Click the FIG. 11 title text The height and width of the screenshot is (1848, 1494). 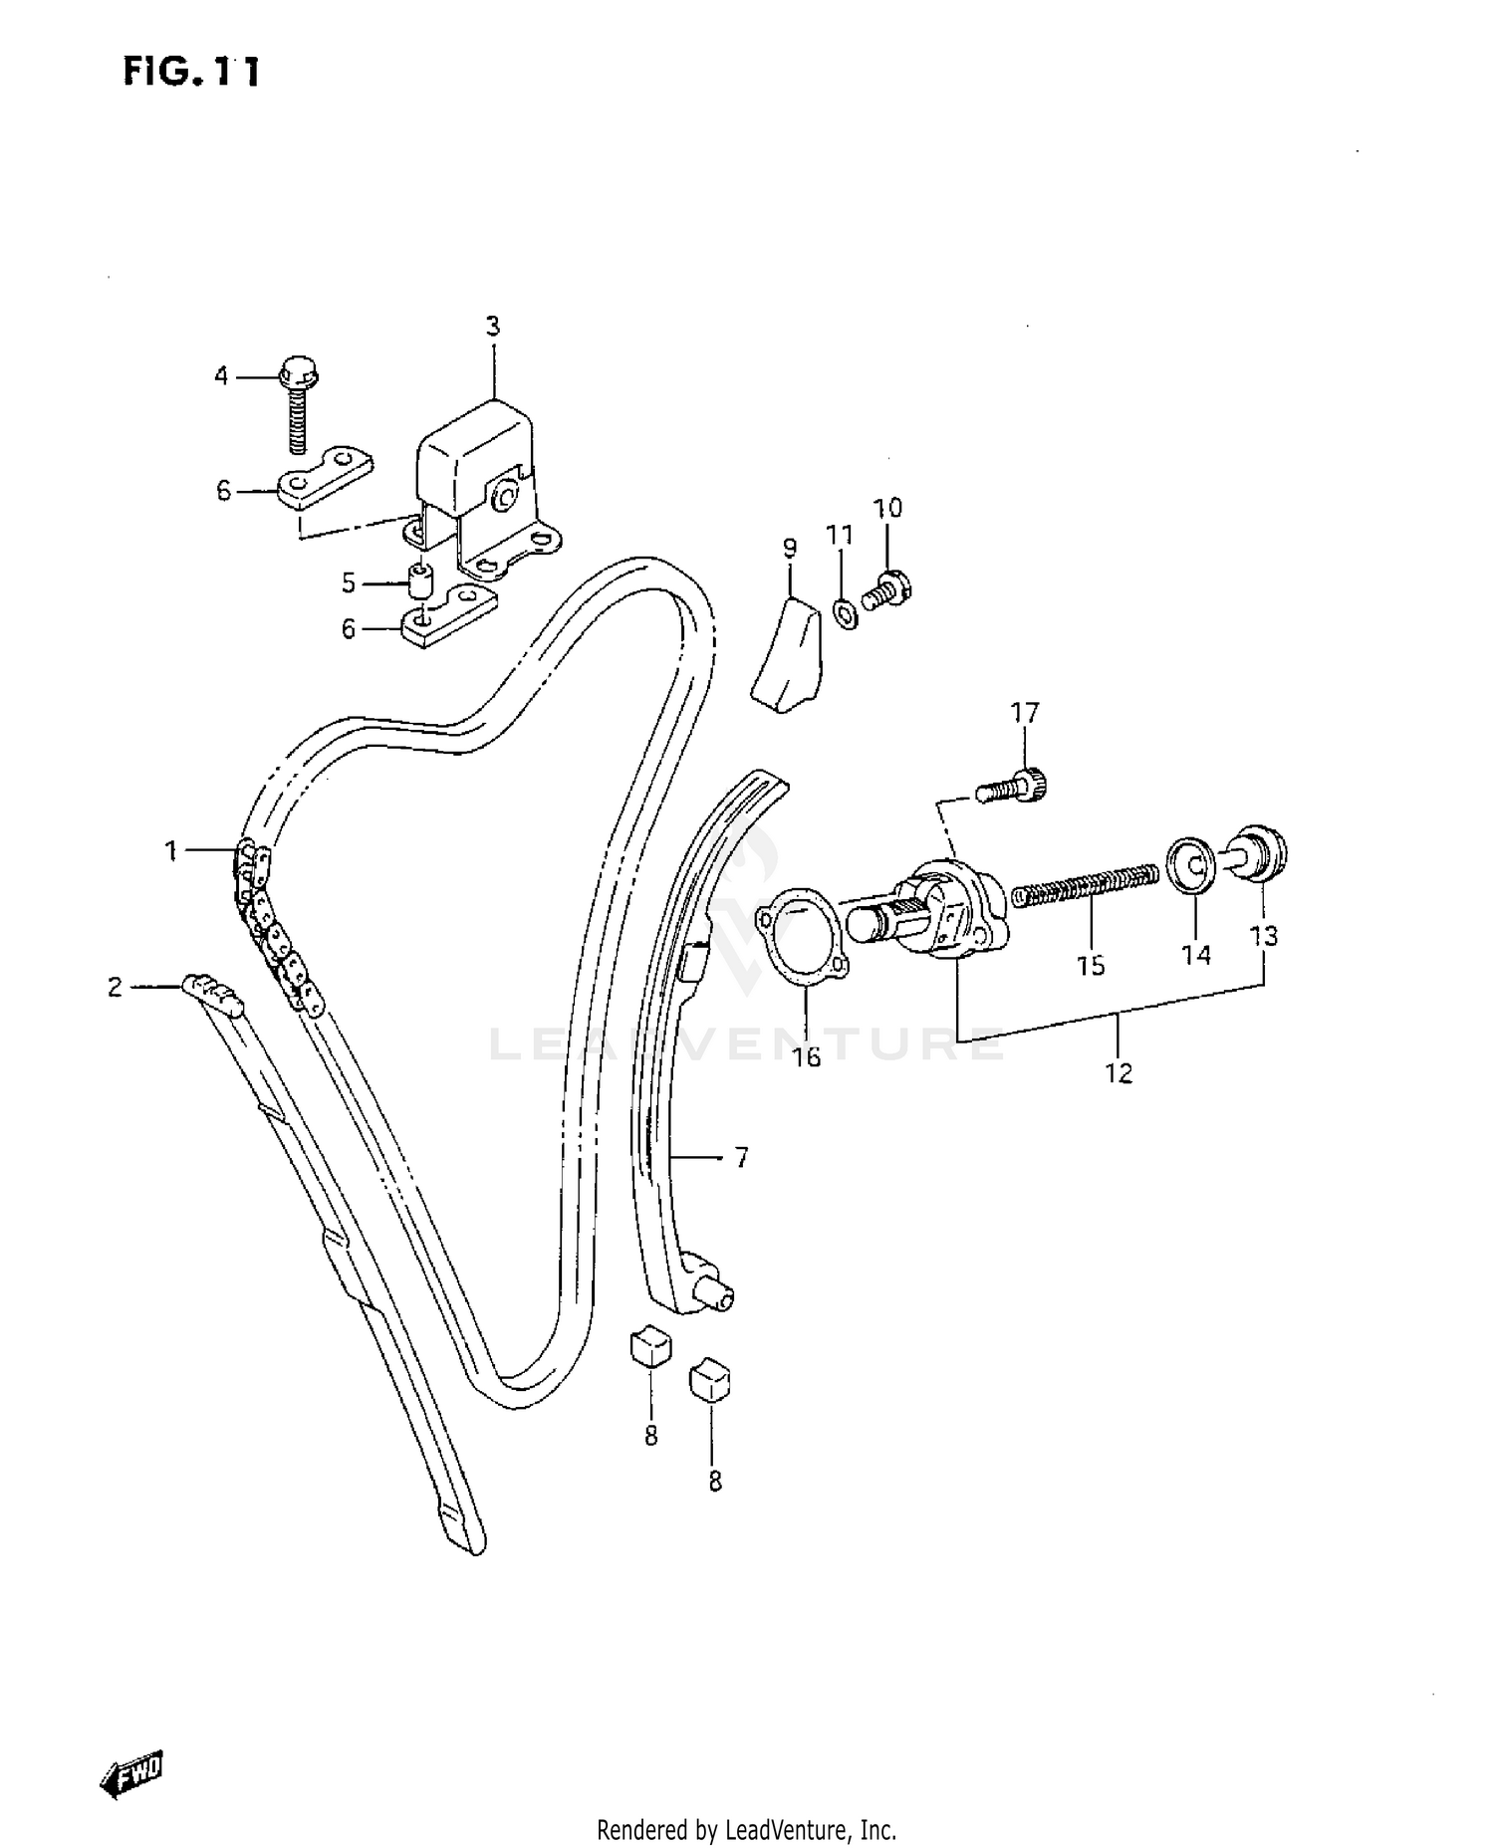(x=191, y=72)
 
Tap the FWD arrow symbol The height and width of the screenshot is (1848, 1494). (x=131, y=1773)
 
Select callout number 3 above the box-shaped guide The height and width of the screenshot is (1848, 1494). (x=492, y=326)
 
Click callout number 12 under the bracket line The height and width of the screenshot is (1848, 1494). (x=1119, y=1073)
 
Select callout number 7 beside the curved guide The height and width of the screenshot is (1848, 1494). (x=741, y=1158)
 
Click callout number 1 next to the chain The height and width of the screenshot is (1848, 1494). (x=170, y=851)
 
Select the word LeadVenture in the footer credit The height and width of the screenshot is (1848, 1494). (x=787, y=1829)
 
